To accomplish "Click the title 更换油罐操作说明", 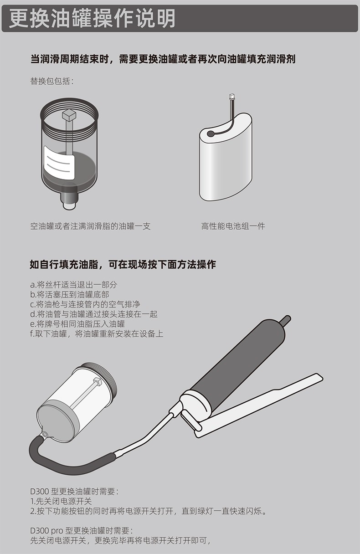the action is coord(92,18).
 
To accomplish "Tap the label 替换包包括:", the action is coord(52,81).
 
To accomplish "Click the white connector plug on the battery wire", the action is coord(232,96).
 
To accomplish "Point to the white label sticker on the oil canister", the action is coord(59,163).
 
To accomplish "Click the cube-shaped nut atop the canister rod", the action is coord(69,114).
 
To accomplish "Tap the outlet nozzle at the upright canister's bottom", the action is coord(70,200).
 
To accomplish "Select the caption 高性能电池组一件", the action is coord(233,226).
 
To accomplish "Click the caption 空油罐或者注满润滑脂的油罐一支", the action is coord(90,226).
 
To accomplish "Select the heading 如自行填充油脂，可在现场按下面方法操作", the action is coord(123,264).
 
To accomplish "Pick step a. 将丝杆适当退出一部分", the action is coord(73,285).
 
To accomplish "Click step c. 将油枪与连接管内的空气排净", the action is coord(85,304).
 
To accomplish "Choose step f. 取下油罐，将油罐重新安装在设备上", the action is coord(97,333).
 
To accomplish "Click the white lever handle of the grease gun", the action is coord(257,405).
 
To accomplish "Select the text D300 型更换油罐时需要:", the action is coord(74,492).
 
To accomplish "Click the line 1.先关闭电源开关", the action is coord(61,501).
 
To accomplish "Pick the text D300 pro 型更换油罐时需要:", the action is coord(82,530).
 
